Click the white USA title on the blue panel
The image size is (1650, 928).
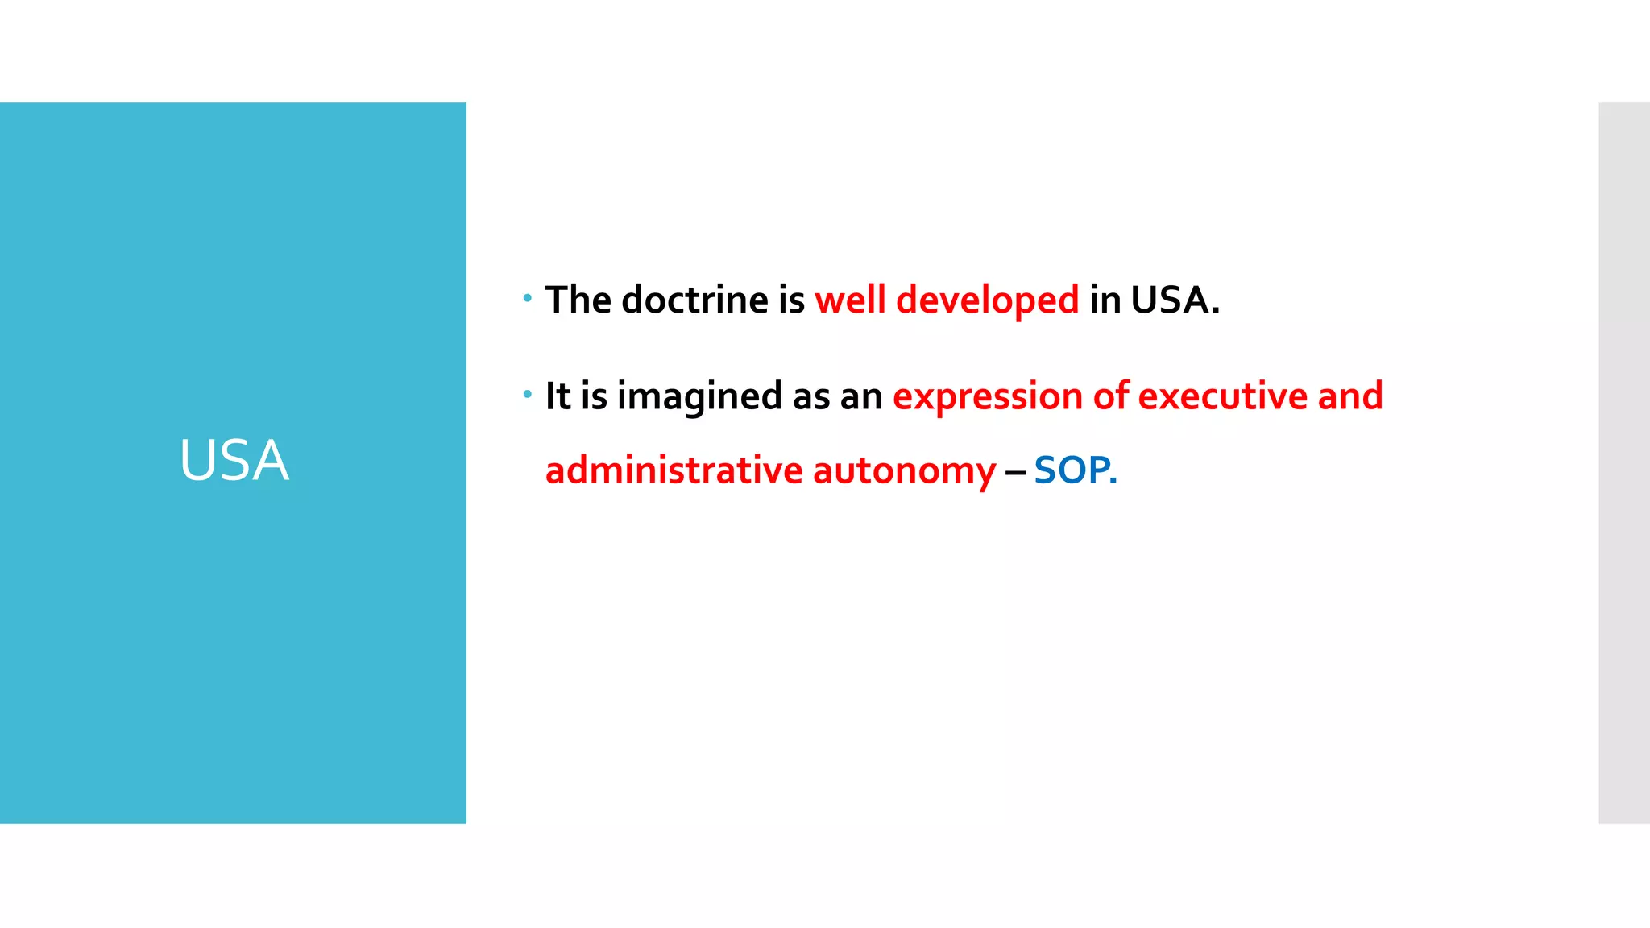tap(234, 461)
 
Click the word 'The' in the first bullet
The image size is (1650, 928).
tap(578, 300)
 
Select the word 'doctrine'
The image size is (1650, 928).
tap(694, 300)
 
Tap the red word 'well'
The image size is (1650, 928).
tap(850, 300)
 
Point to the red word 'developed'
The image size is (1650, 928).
tap(987, 301)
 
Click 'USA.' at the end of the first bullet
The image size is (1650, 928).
tap(1175, 300)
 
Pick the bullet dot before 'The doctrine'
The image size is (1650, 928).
tap(527, 298)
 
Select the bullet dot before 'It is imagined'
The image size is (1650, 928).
tap(527, 394)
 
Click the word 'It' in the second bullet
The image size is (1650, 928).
tap(558, 396)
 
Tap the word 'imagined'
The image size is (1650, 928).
tap(699, 397)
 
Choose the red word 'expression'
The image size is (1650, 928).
tap(987, 397)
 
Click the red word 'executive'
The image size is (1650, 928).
tap(1222, 396)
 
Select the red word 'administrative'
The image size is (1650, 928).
tap(674, 470)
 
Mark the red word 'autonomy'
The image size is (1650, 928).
tap(904, 471)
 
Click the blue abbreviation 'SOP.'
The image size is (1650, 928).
tap(1075, 470)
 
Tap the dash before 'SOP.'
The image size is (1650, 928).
tap(1014, 471)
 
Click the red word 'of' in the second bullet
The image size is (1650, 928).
tap(1110, 396)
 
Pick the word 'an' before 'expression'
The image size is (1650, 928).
tap(861, 397)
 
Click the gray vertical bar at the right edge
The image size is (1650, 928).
tap(1623, 462)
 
